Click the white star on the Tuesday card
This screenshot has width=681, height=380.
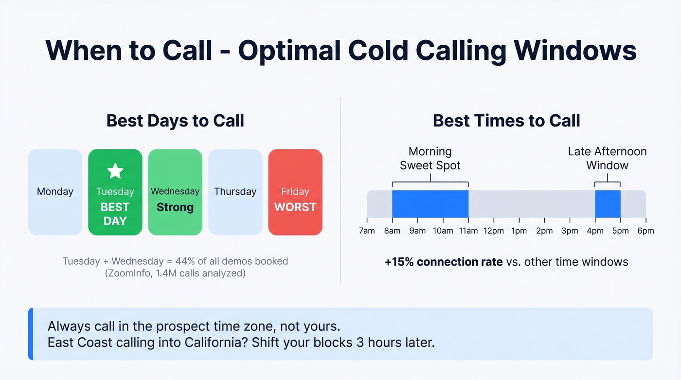(115, 171)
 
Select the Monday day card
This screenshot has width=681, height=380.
(55, 192)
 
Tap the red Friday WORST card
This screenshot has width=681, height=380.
(295, 192)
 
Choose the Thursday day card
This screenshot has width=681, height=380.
(235, 192)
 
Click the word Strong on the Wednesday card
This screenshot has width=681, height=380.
(175, 207)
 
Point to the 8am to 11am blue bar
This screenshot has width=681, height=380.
(430, 204)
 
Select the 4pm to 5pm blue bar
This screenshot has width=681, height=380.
(608, 204)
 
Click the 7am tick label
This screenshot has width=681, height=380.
(367, 231)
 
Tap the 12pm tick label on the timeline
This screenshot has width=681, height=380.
(493, 231)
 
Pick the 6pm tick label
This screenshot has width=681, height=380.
(645, 231)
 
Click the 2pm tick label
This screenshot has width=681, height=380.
(544, 231)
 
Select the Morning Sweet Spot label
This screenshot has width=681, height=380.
(430, 159)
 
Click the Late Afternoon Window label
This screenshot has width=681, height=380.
(607, 159)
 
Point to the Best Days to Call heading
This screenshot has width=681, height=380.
(175, 121)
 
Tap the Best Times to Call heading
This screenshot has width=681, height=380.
(506, 121)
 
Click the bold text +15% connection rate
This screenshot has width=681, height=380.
(443, 262)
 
